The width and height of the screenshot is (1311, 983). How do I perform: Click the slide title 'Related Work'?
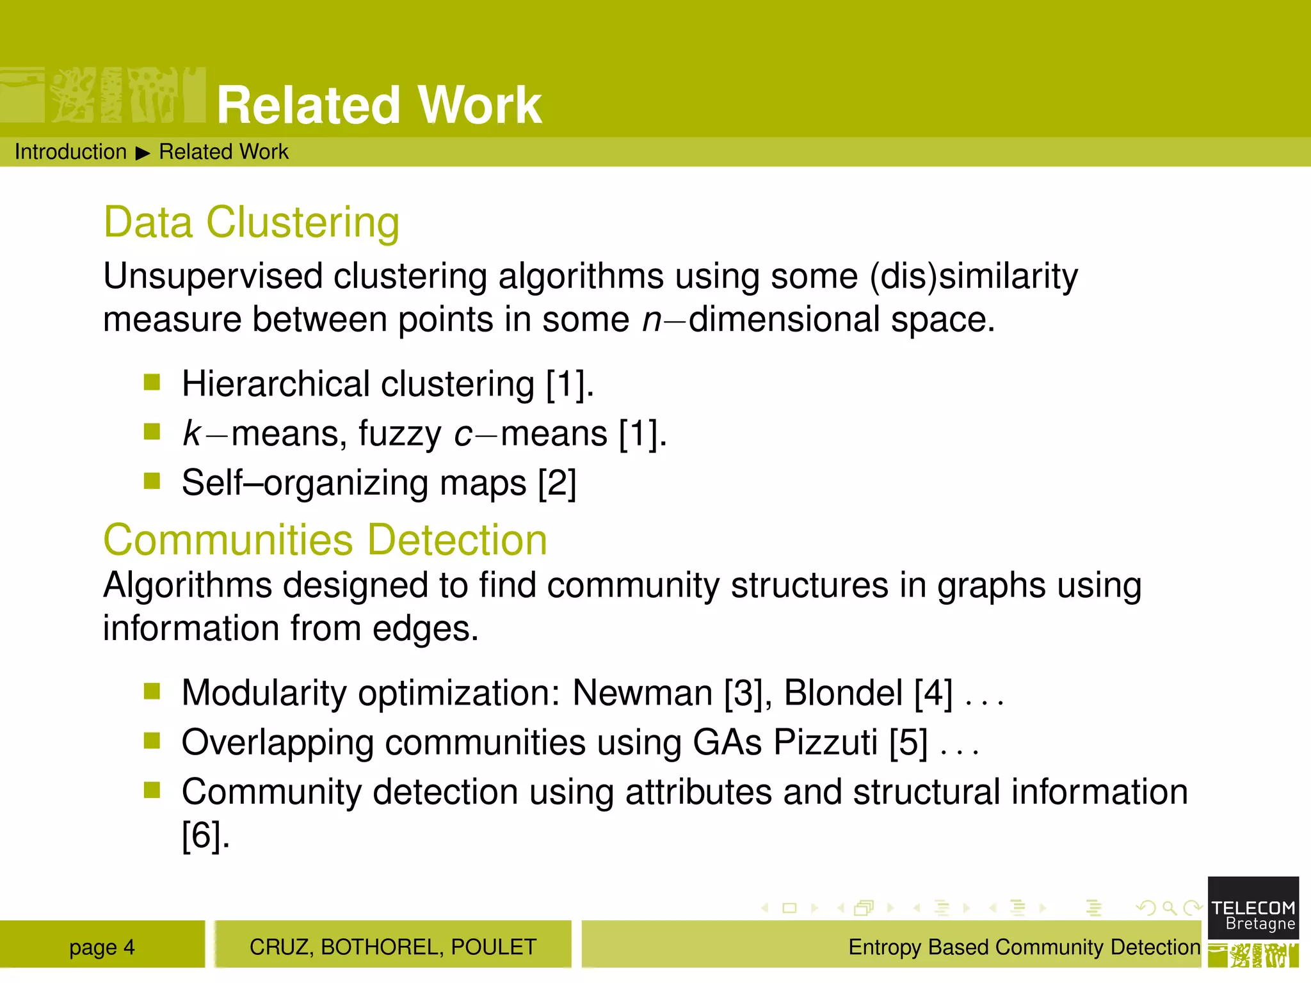click(379, 105)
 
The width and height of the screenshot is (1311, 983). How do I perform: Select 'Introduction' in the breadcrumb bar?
click(70, 152)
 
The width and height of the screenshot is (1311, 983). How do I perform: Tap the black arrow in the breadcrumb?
click(143, 153)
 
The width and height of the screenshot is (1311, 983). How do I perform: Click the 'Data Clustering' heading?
click(252, 222)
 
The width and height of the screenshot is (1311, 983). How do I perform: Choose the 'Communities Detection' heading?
click(325, 539)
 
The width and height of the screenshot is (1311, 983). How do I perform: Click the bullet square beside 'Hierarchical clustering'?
click(152, 382)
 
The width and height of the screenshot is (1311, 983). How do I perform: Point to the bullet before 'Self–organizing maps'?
click(152, 481)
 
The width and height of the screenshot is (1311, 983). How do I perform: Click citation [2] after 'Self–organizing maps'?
click(557, 483)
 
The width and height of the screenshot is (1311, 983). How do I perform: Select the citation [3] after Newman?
click(743, 693)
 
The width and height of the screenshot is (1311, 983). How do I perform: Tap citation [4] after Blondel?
click(933, 693)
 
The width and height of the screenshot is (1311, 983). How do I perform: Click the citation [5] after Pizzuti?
click(908, 742)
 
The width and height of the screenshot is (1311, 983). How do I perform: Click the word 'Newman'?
click(642, 693)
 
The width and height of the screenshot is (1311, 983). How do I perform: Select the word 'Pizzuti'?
click(825, 742)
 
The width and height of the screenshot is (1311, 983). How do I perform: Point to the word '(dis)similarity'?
click(974, 276)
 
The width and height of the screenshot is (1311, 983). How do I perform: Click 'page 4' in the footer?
click(102, 947)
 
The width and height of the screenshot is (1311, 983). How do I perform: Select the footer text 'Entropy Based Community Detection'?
click(1024, 947)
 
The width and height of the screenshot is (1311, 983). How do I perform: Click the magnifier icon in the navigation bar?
click(1169, 907)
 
